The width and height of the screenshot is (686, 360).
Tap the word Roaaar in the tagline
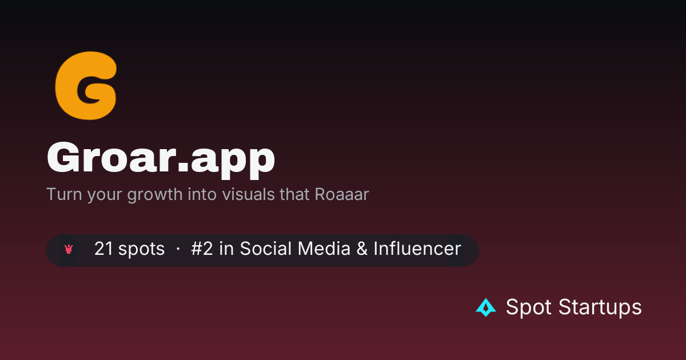click(x=342, y=194)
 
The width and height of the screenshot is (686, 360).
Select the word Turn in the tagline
click(x=64, y=194)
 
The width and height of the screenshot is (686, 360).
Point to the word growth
click(x=155, y=195)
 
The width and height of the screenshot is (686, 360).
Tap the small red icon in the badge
click(x=69, y=249)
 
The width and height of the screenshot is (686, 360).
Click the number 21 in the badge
click(x=104, y=248)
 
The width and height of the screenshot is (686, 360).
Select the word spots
click(x=142, y=249)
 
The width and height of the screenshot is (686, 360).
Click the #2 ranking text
click(x=202, y=248)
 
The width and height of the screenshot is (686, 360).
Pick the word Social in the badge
click(x=265, y=248)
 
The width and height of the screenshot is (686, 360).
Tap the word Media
click(x=324, y=248)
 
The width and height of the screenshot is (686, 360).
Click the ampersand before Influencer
click(x=362, y=248)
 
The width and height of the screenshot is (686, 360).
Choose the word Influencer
click(x=417, y=248)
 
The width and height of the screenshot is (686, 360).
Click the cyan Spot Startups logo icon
click(x=486, y=307)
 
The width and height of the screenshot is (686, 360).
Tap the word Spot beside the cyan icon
click(x=529, y=307)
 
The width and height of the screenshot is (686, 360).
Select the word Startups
click(x=600, y=307)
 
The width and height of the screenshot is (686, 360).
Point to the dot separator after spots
click(x=178, y=249)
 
